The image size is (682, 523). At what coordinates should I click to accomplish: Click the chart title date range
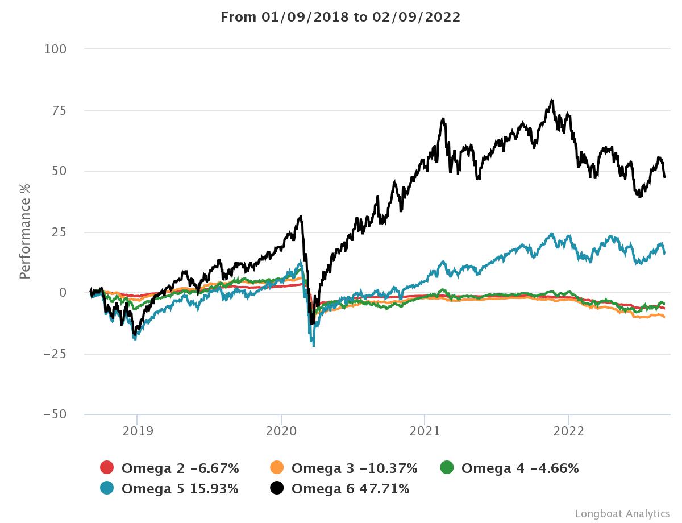click(340, 17)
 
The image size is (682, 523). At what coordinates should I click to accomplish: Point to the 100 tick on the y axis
click(56, 49)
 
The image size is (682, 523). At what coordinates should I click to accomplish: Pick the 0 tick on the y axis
click(63, 293)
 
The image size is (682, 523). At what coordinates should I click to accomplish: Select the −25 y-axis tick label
click(56, 354)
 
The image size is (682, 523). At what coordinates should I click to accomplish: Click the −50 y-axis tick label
click(56, 415)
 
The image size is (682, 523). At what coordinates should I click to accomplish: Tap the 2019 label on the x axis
click(137, 431)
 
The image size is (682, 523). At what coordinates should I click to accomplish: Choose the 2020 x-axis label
click(281, 431)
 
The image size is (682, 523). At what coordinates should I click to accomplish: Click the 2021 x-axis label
click(425, 431)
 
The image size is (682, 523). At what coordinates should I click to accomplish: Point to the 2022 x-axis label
click(569, 431)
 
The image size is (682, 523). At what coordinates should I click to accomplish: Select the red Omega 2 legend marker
click(107, 468)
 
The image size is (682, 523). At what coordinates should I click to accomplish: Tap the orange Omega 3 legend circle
click(277, 468)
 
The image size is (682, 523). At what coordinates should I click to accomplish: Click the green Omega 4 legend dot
click(447, 468)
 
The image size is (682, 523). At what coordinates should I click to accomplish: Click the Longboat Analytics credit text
click(622, 513)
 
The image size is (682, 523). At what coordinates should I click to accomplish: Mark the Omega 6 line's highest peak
click(552, 101)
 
